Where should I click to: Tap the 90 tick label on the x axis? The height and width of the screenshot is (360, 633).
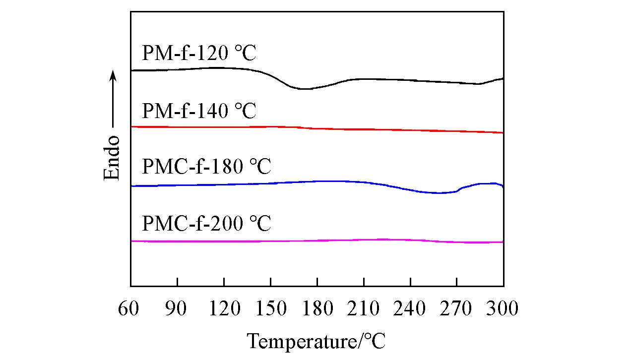[177, 308]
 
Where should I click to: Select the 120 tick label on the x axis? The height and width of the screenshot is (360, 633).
[224, 308]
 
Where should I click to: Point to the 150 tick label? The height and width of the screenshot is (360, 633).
[270, 308]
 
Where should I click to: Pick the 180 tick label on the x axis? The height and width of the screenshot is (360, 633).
[317, 308]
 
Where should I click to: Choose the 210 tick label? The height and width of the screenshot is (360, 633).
[364, 308]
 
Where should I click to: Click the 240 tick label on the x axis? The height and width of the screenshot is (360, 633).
[410, 308]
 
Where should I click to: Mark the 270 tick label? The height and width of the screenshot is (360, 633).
[457, 308]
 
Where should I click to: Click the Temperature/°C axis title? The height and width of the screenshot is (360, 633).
[316, 341]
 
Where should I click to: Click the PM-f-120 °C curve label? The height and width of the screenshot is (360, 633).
[199, 53]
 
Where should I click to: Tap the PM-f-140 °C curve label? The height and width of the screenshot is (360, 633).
[199, 111]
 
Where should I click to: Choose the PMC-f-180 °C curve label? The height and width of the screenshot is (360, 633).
[206, 167]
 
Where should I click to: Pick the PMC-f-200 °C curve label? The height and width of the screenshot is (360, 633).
[206, 224]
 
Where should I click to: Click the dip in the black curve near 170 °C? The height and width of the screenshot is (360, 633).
[304, 89]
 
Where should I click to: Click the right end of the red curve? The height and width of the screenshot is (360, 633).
[503, 133]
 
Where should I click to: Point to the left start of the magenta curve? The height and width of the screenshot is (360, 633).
[132, 241]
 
